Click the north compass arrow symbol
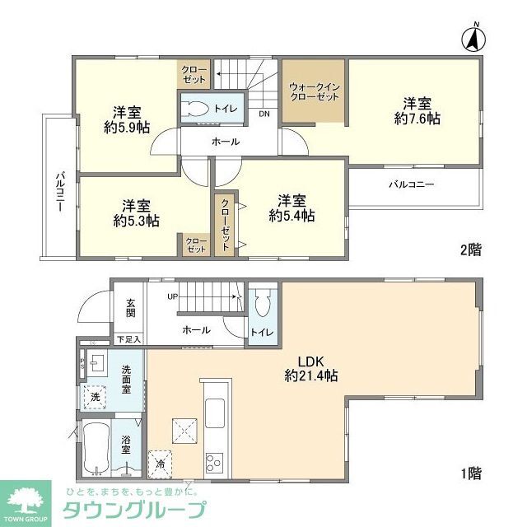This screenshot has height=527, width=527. point(475,38)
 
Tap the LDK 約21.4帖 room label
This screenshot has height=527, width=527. point(310,367)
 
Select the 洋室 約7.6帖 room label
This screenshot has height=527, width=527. point(417,111)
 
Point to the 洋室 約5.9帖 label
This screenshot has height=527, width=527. point(126,120)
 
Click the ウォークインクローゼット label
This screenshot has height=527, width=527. point(314,91)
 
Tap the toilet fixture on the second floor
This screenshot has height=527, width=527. point(198,108)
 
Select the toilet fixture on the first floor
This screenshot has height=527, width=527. point(262,305)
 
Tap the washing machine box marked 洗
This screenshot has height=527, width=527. point(96,396)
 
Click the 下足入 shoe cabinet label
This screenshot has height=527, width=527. point(128,338)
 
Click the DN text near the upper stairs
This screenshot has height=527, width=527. point(264,114)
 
